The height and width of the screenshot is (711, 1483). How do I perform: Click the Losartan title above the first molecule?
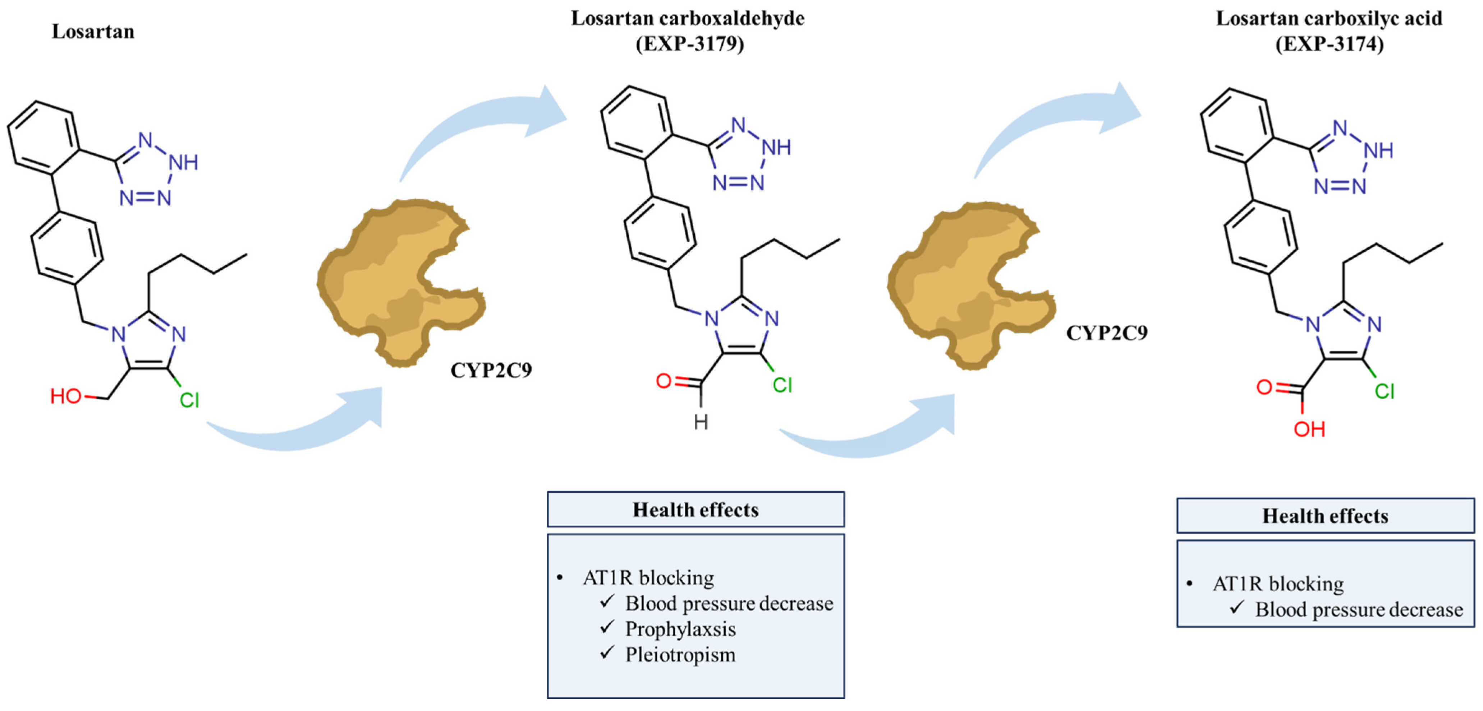click(93, 31)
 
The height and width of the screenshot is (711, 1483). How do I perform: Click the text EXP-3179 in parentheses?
click(690, 44)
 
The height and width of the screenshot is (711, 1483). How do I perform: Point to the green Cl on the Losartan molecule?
click(189, 400)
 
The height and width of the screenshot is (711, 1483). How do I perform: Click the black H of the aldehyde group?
click(701, 422)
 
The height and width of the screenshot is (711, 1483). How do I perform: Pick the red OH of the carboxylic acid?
click(1309, 429)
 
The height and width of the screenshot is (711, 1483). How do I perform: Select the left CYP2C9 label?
click(491, 370)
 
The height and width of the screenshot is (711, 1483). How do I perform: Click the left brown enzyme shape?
click(400, 282)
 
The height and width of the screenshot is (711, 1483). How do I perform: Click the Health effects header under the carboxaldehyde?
click(695, 510)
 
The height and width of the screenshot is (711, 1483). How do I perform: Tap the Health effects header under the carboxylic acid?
click(1325, 516)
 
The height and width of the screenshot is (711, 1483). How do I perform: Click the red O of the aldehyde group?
click(664, 381)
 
